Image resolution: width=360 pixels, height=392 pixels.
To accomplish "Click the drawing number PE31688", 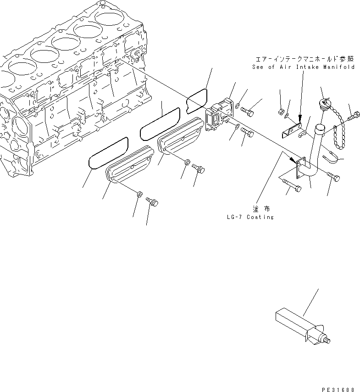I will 338,389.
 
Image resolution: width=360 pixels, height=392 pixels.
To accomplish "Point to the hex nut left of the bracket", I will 281,111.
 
